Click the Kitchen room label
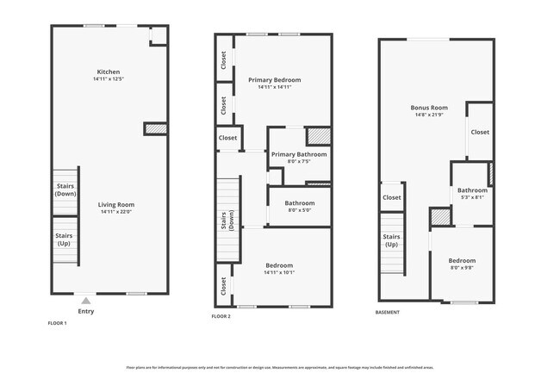pyautogui.click(x=109, y=72)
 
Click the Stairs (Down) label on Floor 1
pyautogui.click(x=65, y=189)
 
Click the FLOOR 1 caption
pyautogui.click(x=57, y=323)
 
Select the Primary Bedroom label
pyautogui.click(x=274, y=80)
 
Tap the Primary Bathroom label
pyautogui.click(x=299, y=154)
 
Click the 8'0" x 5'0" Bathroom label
pyautogui.click(x=299, y=203)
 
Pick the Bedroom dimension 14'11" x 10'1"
pyautogui.click(x=279, y=272)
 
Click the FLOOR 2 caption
pyautogui.click(x=221, y=317)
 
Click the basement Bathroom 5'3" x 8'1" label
pyautogui.click(x=472, y=190)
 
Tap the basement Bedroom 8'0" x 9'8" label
pyautogui.click(x=462, y=260)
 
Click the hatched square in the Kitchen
pyautogui.click(x=155, y=129)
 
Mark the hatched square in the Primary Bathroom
pyautogui.click(x=319, y=136)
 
